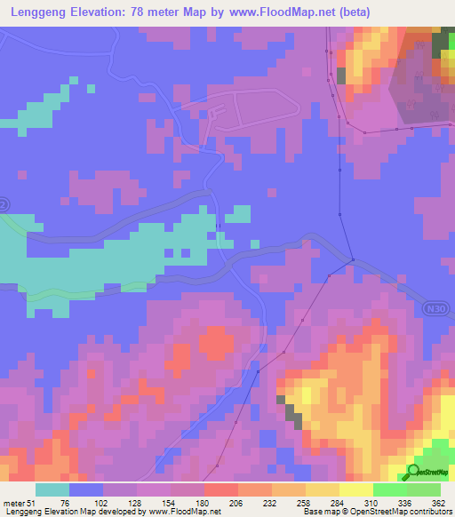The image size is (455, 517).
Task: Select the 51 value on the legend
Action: pyautogui.click(x=33, y=503)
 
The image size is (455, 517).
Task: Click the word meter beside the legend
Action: pyautogui.click(x=13, y=503)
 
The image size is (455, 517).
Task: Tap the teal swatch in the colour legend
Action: pyautogui.click(x=52, y=489)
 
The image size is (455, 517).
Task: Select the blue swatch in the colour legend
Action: pyautogui.click(x=86, y=489)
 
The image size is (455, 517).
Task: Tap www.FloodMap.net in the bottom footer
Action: pyautogui.click(x=191, y=512)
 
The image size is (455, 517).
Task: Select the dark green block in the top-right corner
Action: pyautogui.click(x=442, y=44)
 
